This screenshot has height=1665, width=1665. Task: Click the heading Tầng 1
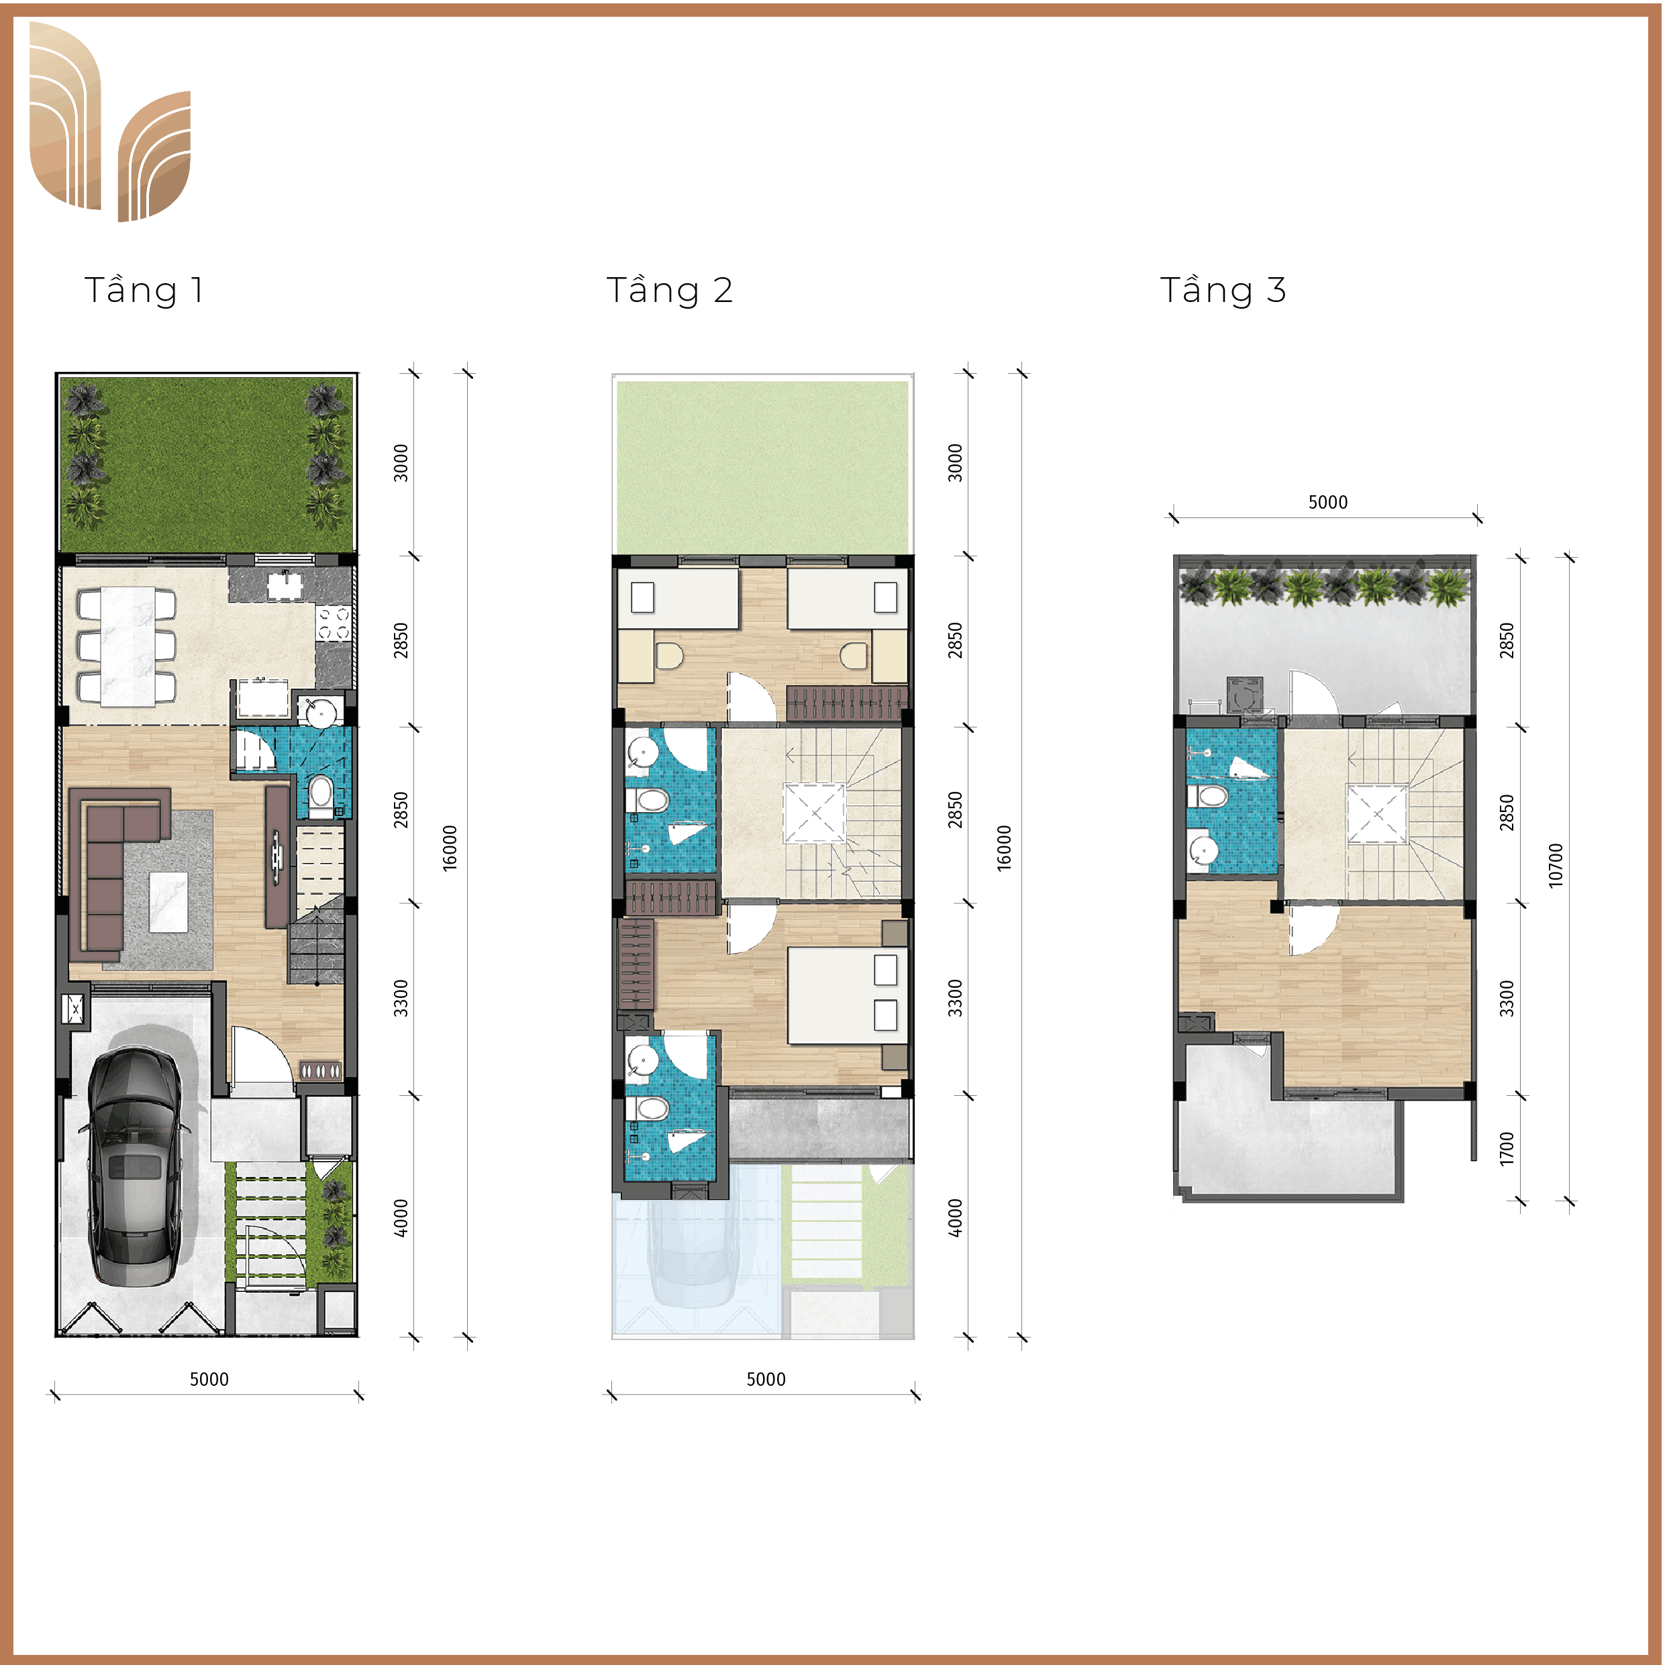click(144, 291)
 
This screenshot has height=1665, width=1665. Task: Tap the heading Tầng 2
click(670, 291)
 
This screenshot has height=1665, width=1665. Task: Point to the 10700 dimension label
click(1556, 865)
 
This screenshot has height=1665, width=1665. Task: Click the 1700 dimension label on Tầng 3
click(1507, 1149)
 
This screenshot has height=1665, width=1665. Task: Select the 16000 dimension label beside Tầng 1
click(450, 848)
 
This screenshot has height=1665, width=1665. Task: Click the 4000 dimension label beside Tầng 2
click(955, 1218)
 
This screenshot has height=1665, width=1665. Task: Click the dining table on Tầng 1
click(128, 646)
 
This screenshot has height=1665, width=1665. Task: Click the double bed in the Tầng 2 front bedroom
click(846, 996)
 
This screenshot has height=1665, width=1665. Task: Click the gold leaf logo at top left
click(109, 121)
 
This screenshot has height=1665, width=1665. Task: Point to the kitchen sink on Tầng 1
click(285, 585)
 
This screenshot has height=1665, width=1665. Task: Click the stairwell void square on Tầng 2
click(813, 813)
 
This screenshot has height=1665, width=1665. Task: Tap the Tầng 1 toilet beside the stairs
click(321, 795)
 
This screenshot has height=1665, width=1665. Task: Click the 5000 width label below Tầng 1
click(209, 1379)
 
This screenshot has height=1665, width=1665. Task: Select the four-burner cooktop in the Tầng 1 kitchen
click(334, 623)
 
